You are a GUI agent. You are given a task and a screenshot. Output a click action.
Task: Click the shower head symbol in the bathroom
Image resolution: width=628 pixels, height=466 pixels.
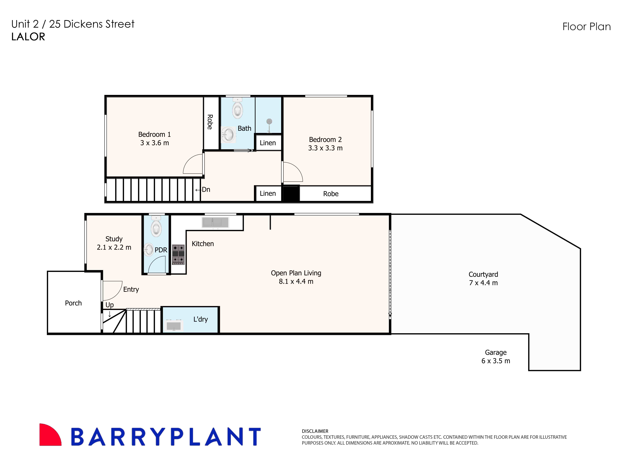point(269,122)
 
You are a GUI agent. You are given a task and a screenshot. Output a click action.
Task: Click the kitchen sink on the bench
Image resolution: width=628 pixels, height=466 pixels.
point(215,222)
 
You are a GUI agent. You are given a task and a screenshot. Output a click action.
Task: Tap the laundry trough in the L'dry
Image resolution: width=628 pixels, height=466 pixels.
point(174,326)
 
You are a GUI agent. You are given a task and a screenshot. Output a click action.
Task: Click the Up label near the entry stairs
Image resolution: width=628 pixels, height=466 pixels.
point(110,305)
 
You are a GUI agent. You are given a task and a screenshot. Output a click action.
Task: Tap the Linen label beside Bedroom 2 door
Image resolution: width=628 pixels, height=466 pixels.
point(268,193)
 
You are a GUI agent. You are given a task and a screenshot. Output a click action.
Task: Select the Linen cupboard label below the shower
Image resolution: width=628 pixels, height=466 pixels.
point(268,143)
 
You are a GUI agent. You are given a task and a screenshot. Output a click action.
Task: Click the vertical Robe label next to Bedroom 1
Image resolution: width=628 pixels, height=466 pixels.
point(210,122)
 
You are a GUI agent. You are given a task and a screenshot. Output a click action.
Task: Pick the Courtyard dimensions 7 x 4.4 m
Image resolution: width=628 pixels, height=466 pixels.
point(483,283)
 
